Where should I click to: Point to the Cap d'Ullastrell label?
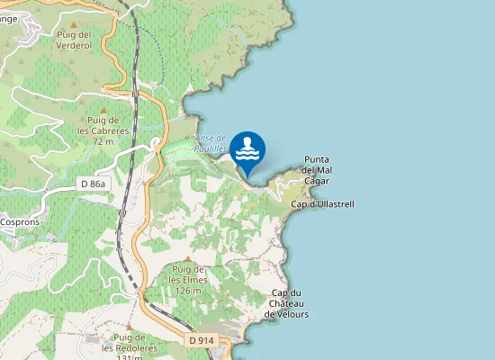tap(323, 204)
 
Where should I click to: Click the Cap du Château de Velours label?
tap(288, 304)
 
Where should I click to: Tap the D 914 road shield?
tap(202, 340)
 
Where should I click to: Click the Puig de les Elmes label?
tap(189, 280)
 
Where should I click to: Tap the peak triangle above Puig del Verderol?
tap(74, 23)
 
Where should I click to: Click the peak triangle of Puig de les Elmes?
tap(187, 259)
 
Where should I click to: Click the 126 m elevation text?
tap(188, 291)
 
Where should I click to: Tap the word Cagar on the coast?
tap(316, 181)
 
